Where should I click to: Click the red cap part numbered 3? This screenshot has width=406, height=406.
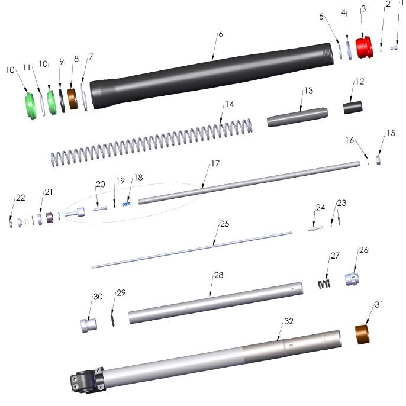[x=364, y=47]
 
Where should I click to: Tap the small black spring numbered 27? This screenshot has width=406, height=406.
[x=323, y=283]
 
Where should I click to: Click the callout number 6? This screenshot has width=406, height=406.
[x=220, y=34]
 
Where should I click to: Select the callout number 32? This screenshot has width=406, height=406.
[x=289, y=321]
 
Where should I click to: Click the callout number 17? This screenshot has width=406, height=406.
[x=215, y=162]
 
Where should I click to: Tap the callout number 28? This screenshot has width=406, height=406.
[x=218, y=275]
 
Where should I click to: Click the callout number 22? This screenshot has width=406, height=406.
[x=21, y=198]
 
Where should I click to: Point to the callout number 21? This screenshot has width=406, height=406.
[x=49, y=192]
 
